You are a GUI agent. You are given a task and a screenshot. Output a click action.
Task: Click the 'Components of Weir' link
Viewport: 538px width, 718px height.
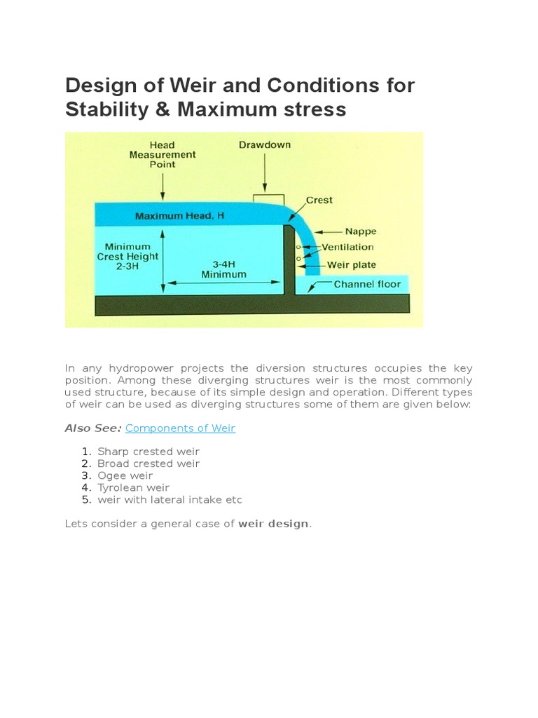[180, 428]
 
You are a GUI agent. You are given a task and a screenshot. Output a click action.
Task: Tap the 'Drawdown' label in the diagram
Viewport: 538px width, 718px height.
[264, 145]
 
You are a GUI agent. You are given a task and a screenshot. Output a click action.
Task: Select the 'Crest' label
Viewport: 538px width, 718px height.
[319, 200]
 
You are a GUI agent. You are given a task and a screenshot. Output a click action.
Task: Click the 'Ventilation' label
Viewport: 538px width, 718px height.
[347, 247]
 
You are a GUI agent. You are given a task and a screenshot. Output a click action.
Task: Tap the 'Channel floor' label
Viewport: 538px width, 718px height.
[367, 284]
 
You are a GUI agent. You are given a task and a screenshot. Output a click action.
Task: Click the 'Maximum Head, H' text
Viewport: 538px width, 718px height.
[179, 216]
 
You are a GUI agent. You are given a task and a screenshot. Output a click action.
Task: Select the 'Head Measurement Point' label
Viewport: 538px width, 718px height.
[162, 155]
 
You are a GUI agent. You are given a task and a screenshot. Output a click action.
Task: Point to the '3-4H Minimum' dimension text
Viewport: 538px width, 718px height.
[223, 269]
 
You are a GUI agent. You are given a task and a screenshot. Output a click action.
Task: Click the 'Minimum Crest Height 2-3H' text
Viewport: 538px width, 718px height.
[127, 257]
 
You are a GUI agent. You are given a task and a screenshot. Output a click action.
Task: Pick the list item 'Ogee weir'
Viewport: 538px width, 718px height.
[125, 475]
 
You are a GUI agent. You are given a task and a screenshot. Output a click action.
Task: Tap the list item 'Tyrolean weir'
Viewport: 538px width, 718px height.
[133, 487]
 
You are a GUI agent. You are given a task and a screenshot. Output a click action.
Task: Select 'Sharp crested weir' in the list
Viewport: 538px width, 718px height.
[149, 452]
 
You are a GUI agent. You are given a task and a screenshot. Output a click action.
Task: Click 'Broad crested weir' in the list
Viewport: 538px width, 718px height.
[149, 463]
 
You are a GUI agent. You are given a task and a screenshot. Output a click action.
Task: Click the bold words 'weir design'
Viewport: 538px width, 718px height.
[273, 524]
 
